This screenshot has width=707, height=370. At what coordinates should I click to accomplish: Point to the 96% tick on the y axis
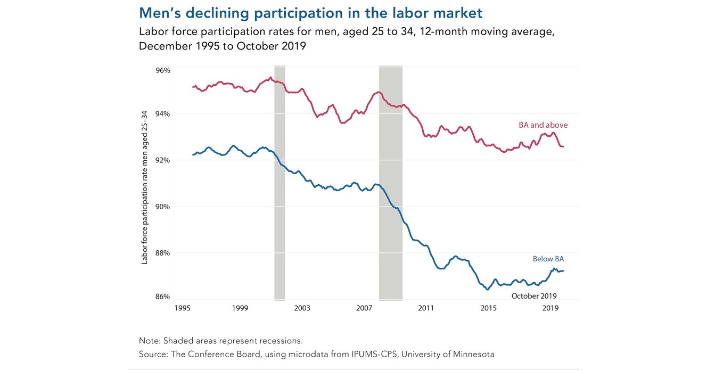pos(163,70)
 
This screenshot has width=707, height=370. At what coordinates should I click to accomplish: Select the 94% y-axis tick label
pos(163,114)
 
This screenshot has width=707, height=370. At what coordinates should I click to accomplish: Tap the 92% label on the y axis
pos(163,160)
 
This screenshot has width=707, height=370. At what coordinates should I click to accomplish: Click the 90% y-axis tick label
pos(163,207)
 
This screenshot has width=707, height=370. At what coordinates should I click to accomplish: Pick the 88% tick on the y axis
pos(163,253)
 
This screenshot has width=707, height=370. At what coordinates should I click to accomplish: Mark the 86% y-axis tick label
pos(163,297)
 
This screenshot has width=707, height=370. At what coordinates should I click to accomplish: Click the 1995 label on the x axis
pos(183,308)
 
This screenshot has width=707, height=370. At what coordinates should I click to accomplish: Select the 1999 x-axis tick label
pos(240,308)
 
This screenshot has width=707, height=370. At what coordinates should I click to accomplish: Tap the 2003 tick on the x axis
pos(302,308)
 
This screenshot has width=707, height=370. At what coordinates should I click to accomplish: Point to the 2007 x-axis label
pos(364,308)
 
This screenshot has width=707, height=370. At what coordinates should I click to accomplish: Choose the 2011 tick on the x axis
pos(426,308)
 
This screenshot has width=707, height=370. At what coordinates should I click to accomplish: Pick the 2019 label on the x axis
pos(550,308)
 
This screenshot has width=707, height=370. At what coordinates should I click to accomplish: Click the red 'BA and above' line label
pos(543,125)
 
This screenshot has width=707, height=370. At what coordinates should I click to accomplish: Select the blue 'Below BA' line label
pos(548,259)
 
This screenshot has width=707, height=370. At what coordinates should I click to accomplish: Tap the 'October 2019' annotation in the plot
pos(533,296)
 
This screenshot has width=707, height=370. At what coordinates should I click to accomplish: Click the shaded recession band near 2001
pos(279,181)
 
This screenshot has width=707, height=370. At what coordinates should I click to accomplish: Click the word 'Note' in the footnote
pos(148,341)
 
